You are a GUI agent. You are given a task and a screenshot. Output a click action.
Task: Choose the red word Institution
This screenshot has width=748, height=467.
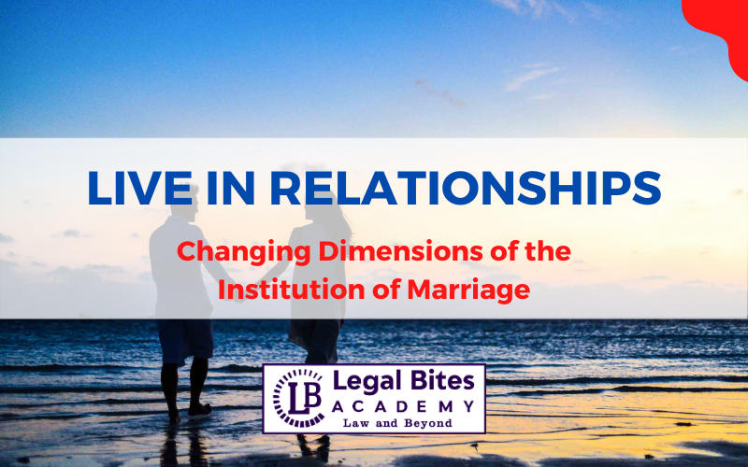[x=280, y=290]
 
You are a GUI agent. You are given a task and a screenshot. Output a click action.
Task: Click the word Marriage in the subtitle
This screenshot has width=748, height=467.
[x=465, y=290]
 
